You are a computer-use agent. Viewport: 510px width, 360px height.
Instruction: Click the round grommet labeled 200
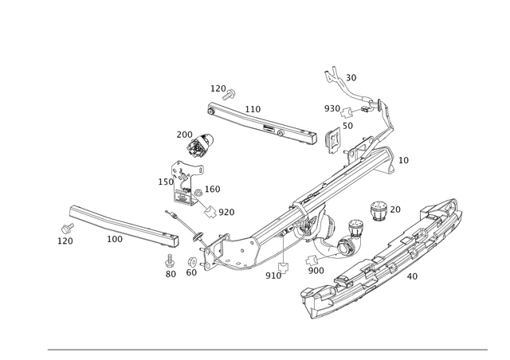[195, 149]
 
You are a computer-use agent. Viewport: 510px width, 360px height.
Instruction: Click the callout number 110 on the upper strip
[253, 108]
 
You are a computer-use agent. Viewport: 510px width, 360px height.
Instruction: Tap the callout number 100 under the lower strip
[115, 237]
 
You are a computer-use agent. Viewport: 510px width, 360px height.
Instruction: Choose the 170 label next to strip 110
[218, 87]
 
